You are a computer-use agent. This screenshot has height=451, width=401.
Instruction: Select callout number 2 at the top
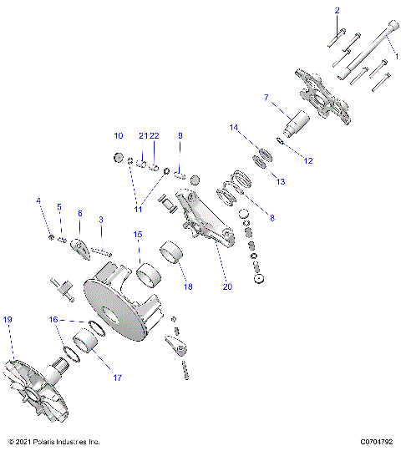pos(338,11)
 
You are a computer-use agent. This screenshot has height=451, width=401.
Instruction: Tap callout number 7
pos(266,99)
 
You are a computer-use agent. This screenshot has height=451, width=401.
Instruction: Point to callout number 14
pos(235,128)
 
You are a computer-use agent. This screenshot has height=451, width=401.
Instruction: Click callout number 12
pos(308,160)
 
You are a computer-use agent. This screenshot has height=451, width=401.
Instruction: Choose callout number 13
pos(281,181)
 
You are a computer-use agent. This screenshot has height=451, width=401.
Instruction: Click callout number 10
pos(119,135)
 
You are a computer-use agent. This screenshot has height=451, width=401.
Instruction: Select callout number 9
pos(179,135)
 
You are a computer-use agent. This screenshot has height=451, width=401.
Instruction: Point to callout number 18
pos(188,286)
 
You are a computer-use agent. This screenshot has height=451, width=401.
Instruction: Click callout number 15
pos(138,236)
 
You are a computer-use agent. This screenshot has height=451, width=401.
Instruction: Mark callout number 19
pos(8,320)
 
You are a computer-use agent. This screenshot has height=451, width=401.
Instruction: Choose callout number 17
pos(118,378)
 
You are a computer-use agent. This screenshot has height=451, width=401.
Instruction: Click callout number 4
pos(38,200)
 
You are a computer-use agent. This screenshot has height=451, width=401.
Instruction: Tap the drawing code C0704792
pos(377,441)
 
